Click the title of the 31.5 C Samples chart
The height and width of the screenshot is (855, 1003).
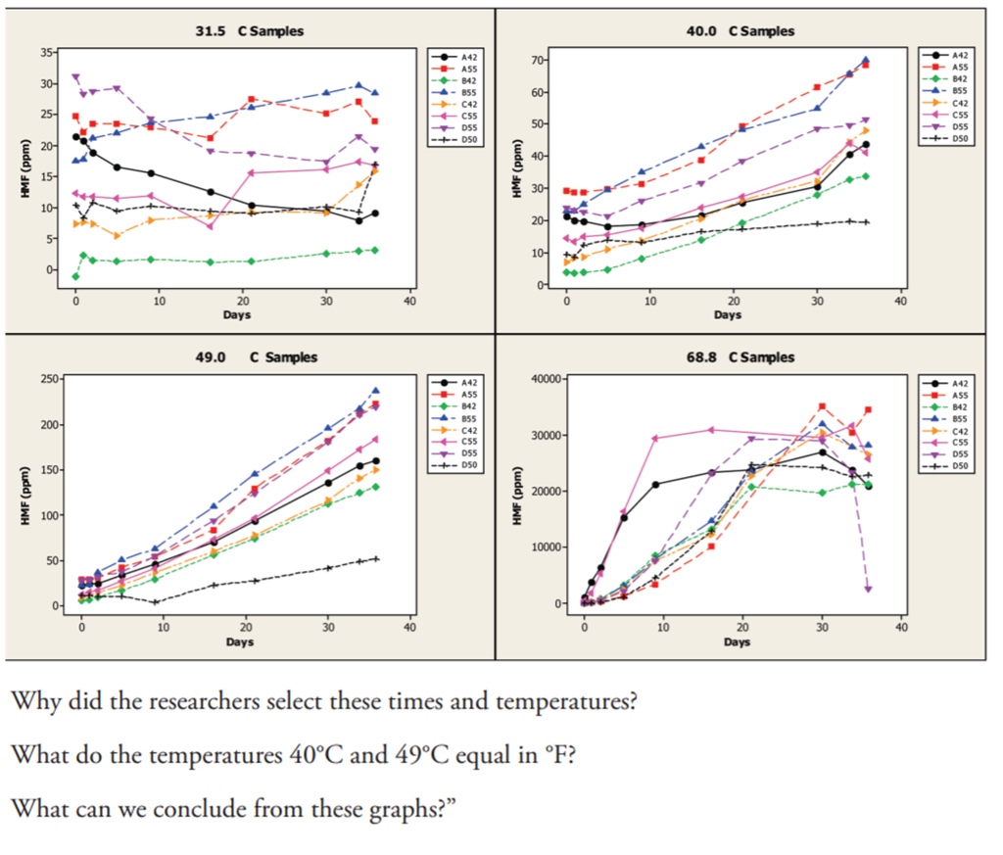[x=250, y=31]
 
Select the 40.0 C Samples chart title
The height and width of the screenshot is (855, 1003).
[x=740, y=31]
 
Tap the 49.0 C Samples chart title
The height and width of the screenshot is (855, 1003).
[x=250, y=357]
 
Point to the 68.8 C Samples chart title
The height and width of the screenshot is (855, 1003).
[x=740, y=357]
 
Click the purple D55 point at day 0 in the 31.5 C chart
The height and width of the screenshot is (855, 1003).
[x=75, y=77]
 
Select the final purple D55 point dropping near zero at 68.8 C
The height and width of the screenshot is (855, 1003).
[x=868, y=589]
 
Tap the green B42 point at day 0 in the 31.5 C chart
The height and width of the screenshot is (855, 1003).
[x=75, y=277]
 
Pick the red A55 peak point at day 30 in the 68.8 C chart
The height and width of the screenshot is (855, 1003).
[x=822, y=406]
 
